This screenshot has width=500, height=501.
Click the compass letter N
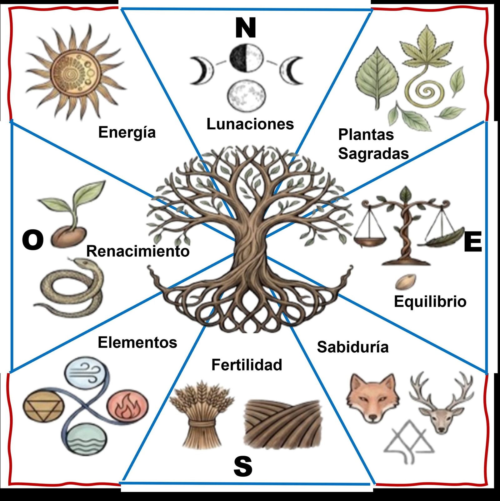246,28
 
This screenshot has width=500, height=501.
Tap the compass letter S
243,466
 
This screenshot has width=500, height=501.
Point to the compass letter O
32,240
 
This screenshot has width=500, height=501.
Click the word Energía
127,133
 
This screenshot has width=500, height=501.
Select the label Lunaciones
250,124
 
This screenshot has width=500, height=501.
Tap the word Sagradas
373,154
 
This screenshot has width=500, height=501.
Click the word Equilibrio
430,301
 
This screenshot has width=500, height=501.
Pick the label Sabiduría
353,347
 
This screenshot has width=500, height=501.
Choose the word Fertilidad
247,365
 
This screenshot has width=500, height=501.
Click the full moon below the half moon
247,95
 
